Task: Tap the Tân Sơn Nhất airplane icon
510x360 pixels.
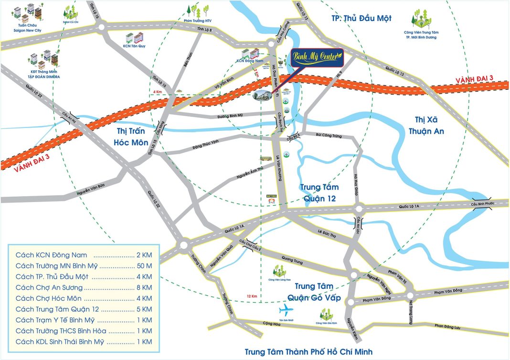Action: pos(285,310)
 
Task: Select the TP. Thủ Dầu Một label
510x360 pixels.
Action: pos(361,19)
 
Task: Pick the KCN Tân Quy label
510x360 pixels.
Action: pos(133,46)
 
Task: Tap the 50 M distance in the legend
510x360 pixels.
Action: pos(143,266)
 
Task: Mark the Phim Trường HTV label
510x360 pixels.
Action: pos(198,21)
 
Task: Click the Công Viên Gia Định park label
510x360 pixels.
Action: pos(327,323)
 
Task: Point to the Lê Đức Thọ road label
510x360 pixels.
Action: pos(327,234)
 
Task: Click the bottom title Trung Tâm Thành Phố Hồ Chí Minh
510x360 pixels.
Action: pos(308,352)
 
